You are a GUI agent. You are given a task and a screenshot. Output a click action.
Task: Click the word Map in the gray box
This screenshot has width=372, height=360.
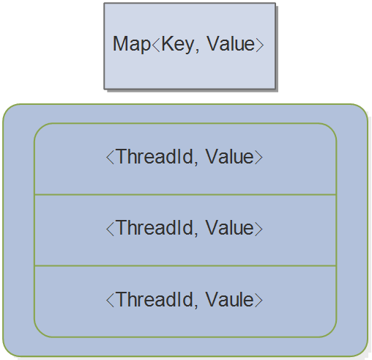(128, 44)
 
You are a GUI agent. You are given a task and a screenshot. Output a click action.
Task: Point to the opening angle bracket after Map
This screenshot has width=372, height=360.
(153, 44)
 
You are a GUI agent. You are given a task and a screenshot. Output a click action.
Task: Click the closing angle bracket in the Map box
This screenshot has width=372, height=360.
(259, 44)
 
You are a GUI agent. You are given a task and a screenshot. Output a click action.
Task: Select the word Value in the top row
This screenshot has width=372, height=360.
(229, 157)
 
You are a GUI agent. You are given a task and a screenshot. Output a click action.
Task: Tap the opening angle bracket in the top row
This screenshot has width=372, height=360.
(110, 157)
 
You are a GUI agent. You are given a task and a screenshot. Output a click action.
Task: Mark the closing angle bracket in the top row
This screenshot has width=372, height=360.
(258, 157)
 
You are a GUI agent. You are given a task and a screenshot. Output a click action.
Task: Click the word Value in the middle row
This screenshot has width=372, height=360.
(229, 228)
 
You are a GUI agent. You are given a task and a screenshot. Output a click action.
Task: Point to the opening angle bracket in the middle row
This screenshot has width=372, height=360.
(110, 228)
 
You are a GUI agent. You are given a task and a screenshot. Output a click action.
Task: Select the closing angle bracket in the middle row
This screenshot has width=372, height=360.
(258, 228)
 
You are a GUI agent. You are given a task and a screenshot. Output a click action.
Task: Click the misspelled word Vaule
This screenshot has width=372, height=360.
(229, 299)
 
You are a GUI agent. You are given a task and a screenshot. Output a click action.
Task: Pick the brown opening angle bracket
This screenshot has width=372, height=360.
(110, 299)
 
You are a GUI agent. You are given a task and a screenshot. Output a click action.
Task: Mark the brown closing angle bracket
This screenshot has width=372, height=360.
(258, 299)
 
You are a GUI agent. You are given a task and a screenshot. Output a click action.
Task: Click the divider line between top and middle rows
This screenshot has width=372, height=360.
(185, 194)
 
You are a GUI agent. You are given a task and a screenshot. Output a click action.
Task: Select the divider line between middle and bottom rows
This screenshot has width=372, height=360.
(185, 265)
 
